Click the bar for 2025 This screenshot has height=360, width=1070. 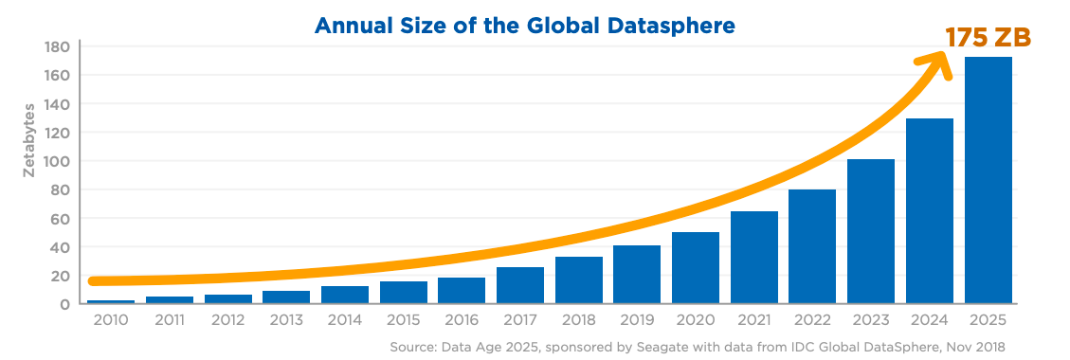pyautogui.click(x=988, y=180)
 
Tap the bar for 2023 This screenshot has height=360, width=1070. pyautogui.click(x=871, y=231)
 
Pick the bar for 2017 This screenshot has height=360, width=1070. pyautogui.click(x=520, y=285)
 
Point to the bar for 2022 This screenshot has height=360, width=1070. pyautogui.click(x=812, y=246)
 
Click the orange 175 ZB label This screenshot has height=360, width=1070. pyautogui.click(x=987, y=38)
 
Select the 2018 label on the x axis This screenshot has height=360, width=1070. pyautogui.click(x=578, y=320)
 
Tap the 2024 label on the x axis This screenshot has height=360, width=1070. pyautogui.click(x=929, y=320)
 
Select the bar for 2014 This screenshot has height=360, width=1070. pyautogui.click(x=345, y=295)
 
